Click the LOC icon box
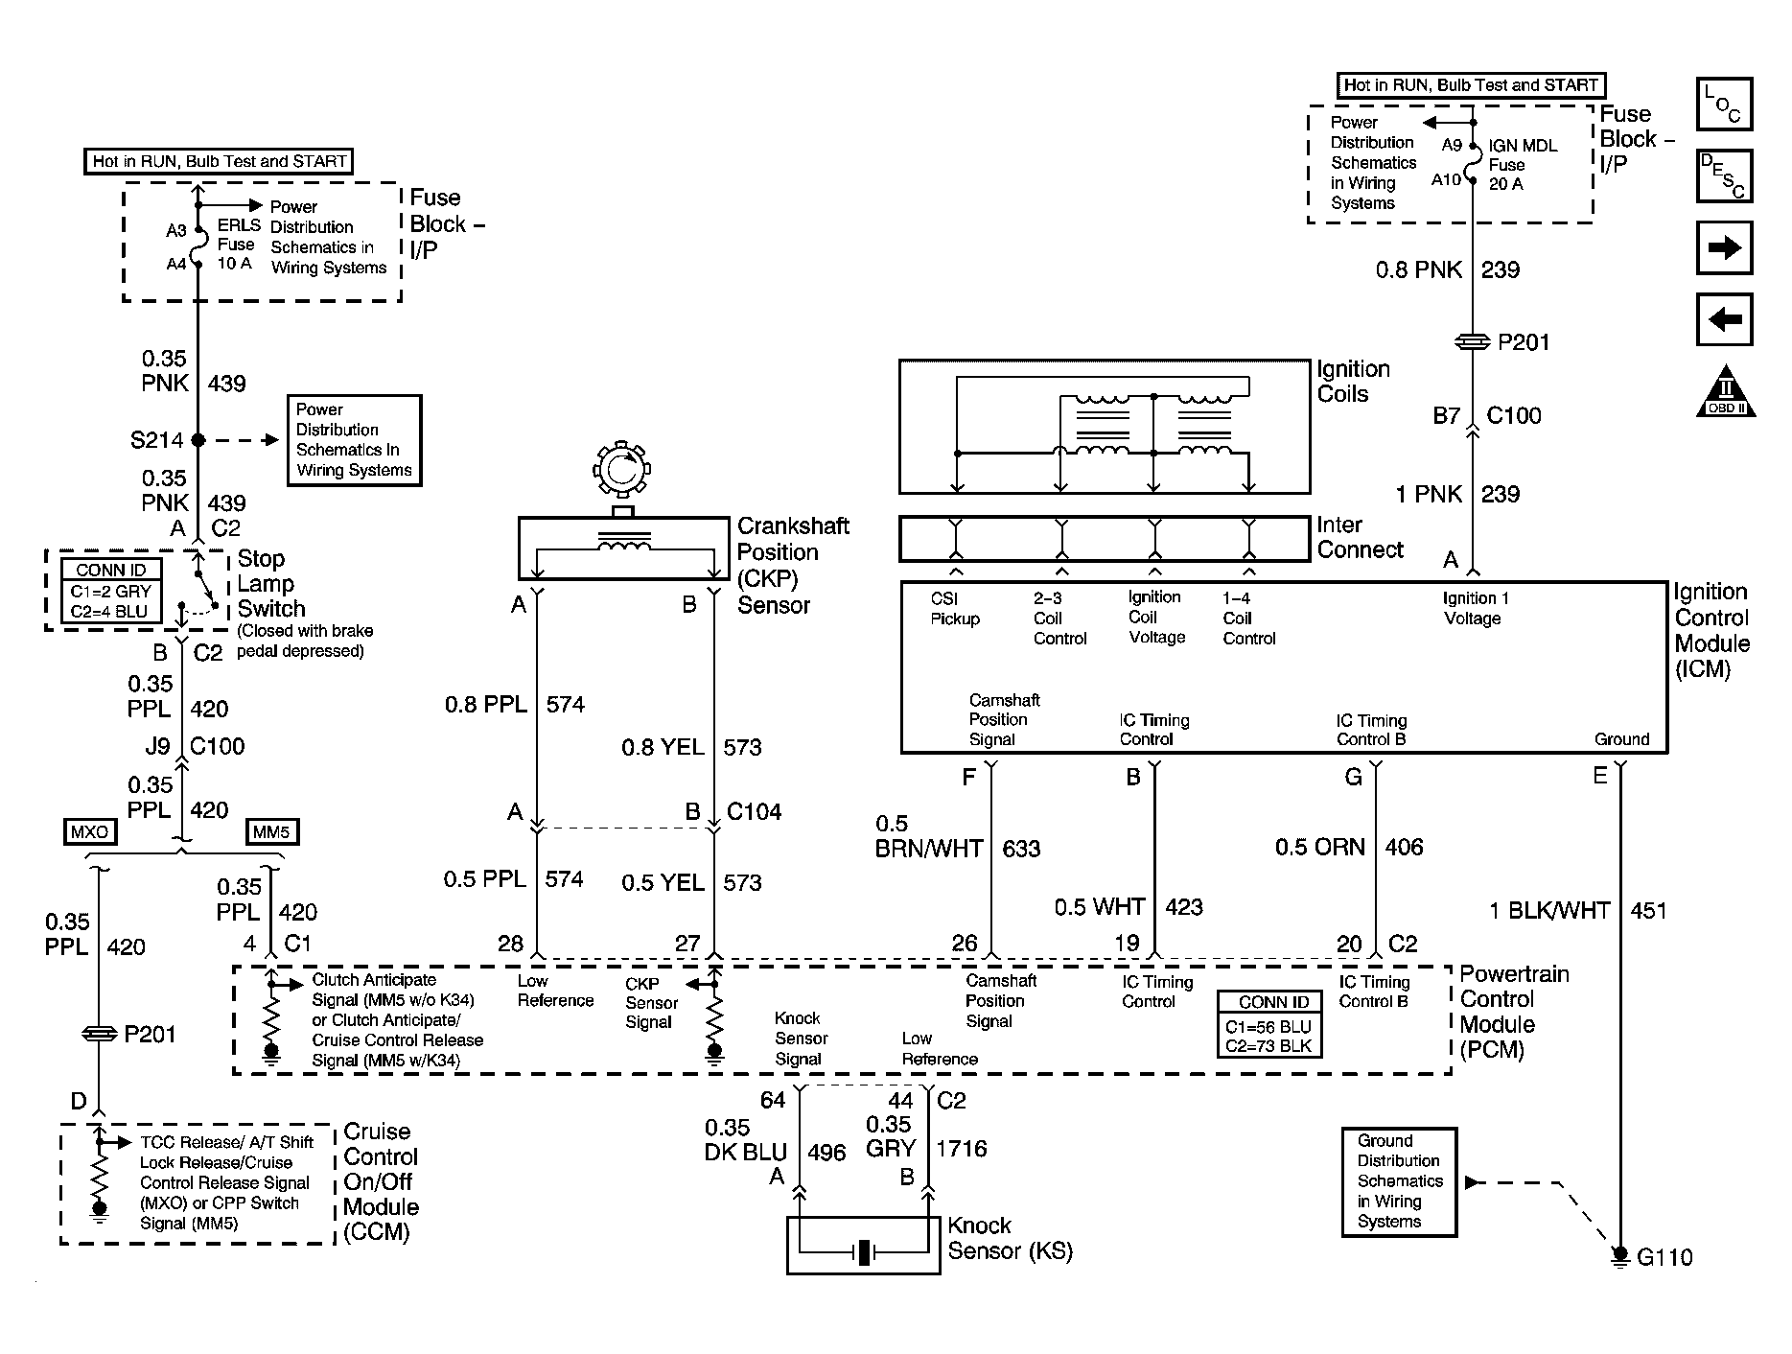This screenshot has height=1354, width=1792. [1724, 105]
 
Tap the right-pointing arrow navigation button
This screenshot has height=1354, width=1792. [1724, 248]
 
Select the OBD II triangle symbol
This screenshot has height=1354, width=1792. [1726, 392]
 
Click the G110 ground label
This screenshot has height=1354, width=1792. [1664, 1257]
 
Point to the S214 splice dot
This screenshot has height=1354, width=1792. [198, 440]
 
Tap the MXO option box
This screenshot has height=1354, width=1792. [90, 831]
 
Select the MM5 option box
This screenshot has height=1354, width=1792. [271, 831]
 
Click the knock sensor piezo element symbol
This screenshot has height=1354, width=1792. [865, 1252]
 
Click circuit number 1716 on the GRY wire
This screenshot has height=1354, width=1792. [961, 1149]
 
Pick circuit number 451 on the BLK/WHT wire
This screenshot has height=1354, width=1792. [1648, 911]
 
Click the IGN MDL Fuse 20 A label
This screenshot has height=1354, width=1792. [1522, 165]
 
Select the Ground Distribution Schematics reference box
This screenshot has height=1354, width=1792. [1399, 1181]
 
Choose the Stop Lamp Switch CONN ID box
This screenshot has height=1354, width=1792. [111, 592]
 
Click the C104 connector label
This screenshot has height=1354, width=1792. [754, 812]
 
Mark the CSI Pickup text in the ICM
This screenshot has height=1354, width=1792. [954, 609]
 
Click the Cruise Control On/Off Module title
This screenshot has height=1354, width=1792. [381, 1181]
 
